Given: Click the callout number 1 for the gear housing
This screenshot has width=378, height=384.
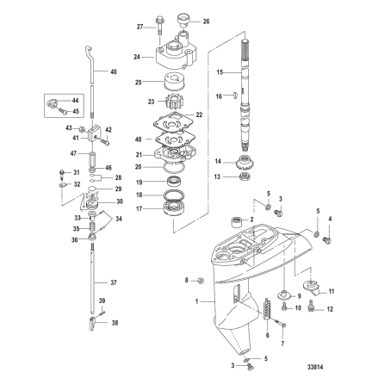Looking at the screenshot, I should [x=200, y=302].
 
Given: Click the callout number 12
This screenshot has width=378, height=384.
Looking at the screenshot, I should [x=331, y=308].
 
